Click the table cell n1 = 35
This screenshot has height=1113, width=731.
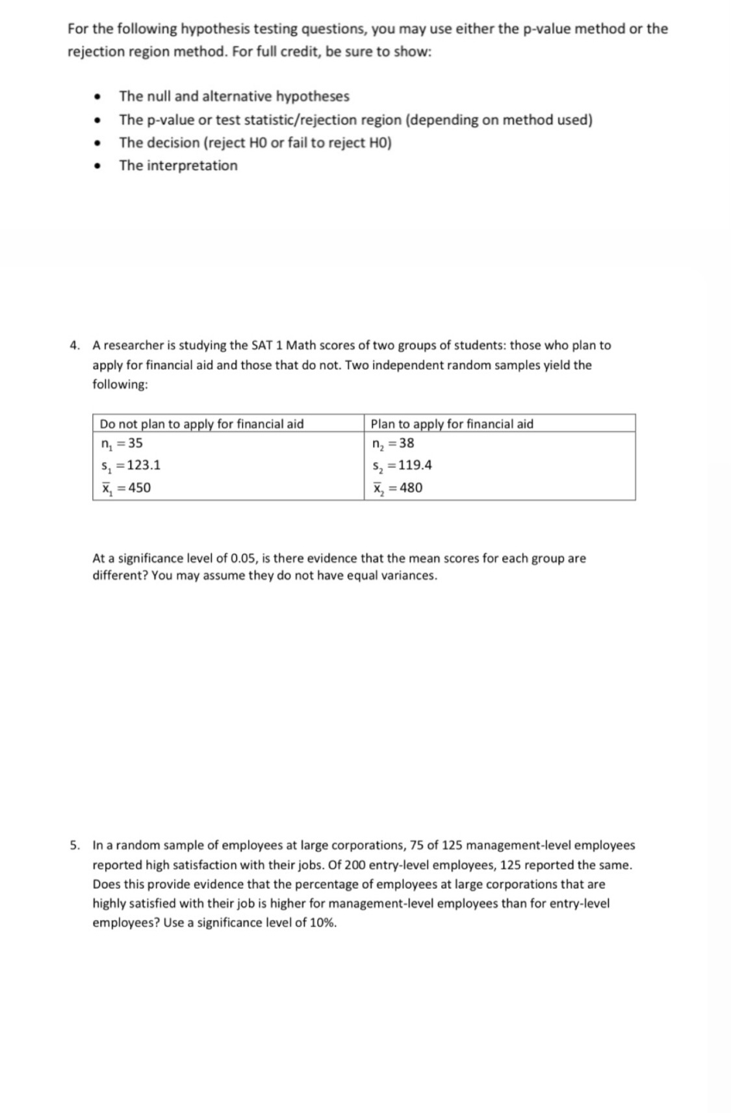pyautogui.click(x=122, y=443)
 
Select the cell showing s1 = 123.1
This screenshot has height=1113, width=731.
pyautogui.click(x=131, y=465)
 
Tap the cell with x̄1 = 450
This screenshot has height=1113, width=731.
pyautogui.click(x=126, y=487)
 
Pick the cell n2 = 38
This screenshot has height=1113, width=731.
pyautogui.click(x=392, y=443)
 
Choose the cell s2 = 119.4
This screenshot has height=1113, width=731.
pyautogui.click(x=402, y=465)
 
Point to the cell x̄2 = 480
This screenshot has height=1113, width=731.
pyautogui.click(x=397, y=487)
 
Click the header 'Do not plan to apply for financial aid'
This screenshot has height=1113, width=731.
pyautogui.click(x=201, y=424)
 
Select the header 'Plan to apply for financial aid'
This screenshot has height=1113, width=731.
pyautogui.click(x=452, y=424)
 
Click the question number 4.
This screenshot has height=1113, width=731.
pyautogui.click(x=75, y=345)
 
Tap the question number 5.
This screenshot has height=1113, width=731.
pyautogui.click(x=75, y=845)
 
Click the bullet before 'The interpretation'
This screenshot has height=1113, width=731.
pyautogui.click(x=97, y=166)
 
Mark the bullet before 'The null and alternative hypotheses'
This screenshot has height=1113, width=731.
pyautogui.click(x=97, y=97)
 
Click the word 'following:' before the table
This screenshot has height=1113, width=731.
pyautogui.click(x=120, y=384)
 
